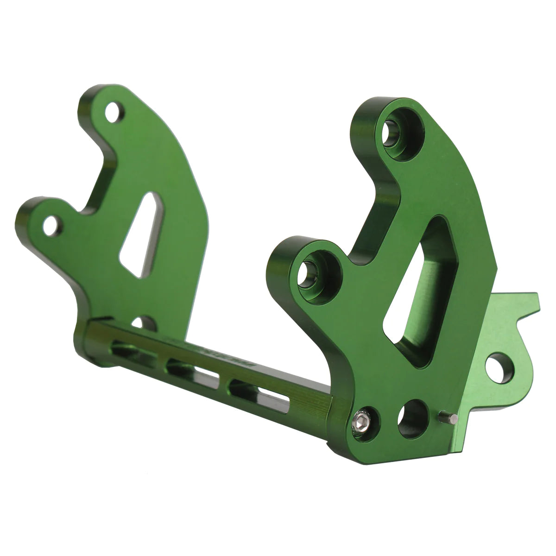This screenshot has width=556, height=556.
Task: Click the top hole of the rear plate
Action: coord(113,112)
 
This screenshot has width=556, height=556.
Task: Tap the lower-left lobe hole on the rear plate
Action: coord(50,225)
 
